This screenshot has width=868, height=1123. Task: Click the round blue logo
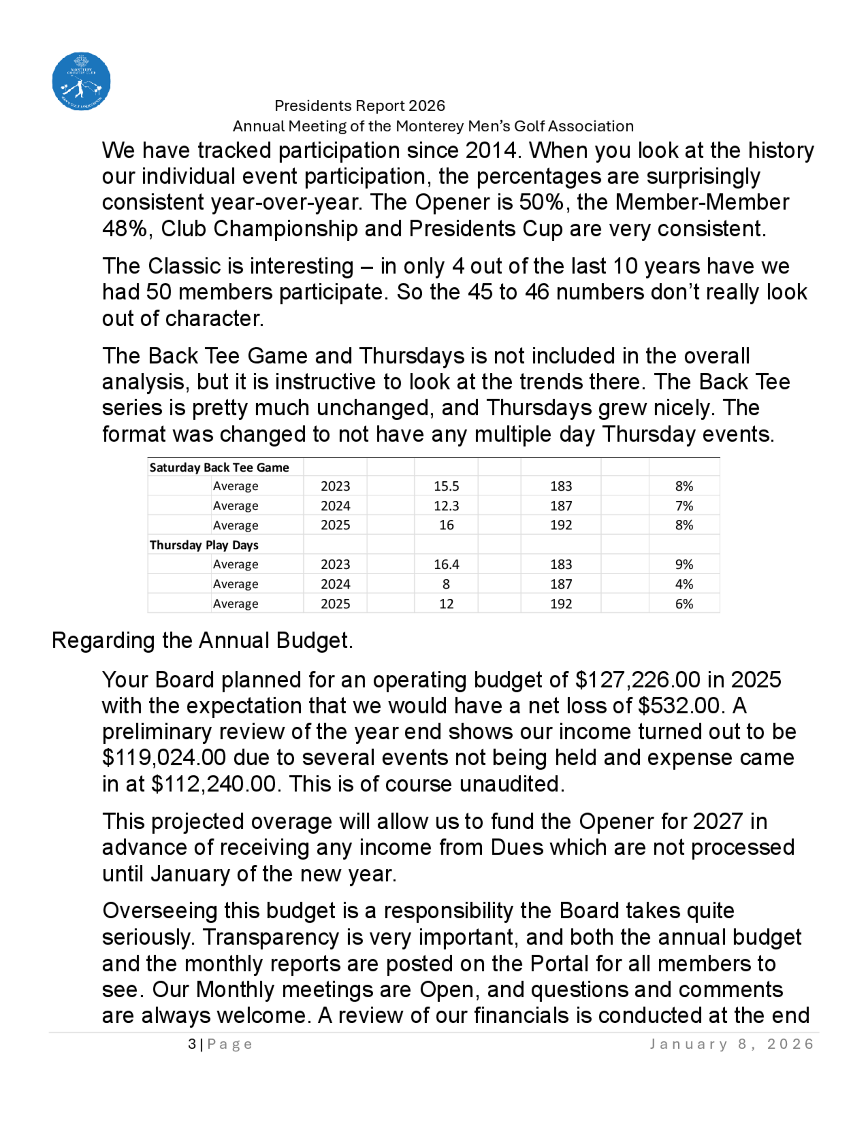(81, 81)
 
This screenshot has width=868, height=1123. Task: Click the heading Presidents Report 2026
(359, 106)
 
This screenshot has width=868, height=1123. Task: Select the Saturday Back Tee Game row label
(219, 467)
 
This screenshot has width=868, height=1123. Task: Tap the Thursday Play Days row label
(204, 545)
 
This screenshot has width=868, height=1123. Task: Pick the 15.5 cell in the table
(446, 486)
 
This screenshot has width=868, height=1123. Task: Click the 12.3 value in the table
(446, 506)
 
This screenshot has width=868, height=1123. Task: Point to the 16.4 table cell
(446, 565)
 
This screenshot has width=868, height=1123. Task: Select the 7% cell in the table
(684, 506)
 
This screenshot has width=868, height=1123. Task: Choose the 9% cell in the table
(684, 565)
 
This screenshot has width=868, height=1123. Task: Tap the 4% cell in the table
(684, 584)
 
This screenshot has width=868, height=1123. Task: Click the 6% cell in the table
(684, 604)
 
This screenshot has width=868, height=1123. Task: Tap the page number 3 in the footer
(192, 1044)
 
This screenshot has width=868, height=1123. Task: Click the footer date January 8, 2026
(732, 1044)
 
